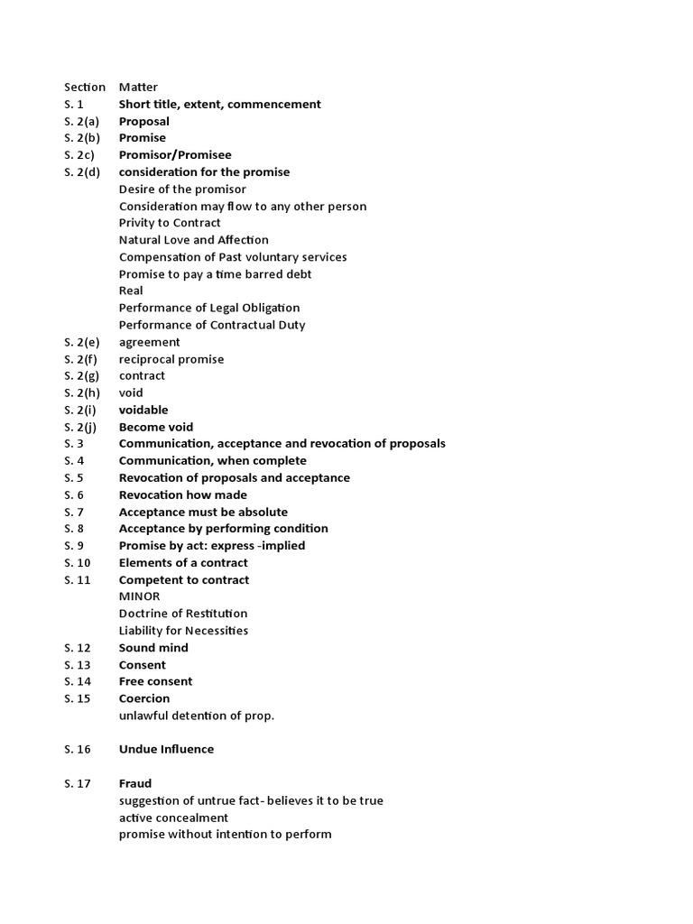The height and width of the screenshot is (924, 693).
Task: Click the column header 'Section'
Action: (84, 88)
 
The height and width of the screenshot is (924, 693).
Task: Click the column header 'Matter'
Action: (138, 88)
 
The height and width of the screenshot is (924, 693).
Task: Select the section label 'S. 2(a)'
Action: (82, 122)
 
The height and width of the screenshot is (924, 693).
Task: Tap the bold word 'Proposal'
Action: (143, 122)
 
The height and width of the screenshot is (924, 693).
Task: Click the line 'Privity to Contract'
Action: (170, 223)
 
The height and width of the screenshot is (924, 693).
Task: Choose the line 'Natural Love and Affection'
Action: (193, 240)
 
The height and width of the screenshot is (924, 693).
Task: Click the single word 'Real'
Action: (131, 291)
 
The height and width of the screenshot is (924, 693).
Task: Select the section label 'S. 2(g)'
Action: (82, 375)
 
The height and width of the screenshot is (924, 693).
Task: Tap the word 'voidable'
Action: (143, 410)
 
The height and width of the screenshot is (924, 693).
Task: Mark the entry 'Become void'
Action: (155, 427)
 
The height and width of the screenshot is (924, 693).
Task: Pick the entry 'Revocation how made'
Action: (182, 494)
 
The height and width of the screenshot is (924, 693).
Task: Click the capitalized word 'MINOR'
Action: (139, 596)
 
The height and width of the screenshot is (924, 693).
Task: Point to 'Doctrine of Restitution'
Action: (183, 614)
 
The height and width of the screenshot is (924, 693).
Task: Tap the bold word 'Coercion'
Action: (143, 698)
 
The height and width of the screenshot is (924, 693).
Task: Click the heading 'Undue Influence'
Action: (166, 749)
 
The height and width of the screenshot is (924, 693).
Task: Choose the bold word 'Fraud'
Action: (135, 783)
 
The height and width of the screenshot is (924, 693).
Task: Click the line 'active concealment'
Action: (173, 818)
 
